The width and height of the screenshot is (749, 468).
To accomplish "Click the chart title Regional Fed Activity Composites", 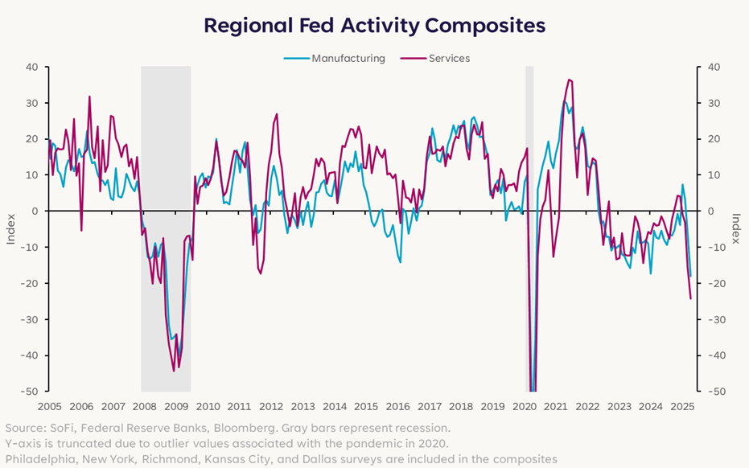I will [x=374, y=25].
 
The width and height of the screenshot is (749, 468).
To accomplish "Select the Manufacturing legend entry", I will [x=348, y=58].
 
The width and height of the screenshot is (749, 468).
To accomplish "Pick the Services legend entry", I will [x=449, y=58].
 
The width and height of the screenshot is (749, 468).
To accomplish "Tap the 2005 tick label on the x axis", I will [x=50, y=407].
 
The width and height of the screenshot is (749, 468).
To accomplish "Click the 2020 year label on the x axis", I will [x=523, y=407].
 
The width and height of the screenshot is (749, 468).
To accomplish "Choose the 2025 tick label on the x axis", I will [x=681, y=407].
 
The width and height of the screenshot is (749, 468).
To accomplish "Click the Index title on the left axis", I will [x=11, y=228].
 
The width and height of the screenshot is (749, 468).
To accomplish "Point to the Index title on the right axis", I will [x=735, y=228].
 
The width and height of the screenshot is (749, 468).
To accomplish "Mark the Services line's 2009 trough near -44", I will [x=174, y=370].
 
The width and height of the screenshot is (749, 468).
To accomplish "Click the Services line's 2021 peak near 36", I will [x=569, y=80].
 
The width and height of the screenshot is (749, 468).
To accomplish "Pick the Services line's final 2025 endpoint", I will [x=690, y=299].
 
